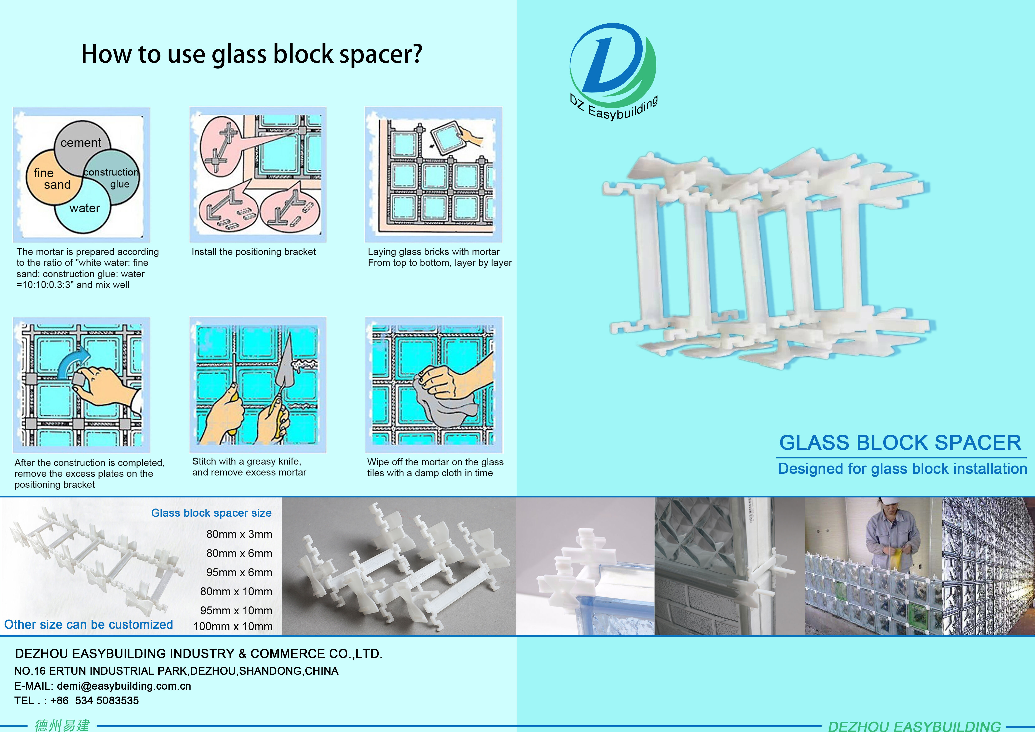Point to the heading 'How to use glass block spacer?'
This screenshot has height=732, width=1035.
252,54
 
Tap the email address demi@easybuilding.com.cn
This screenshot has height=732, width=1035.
124,686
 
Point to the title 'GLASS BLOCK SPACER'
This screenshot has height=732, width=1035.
900,443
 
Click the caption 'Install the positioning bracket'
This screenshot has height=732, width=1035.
254,251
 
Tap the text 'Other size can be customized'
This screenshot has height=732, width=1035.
88,625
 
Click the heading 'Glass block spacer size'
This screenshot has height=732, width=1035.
211,513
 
